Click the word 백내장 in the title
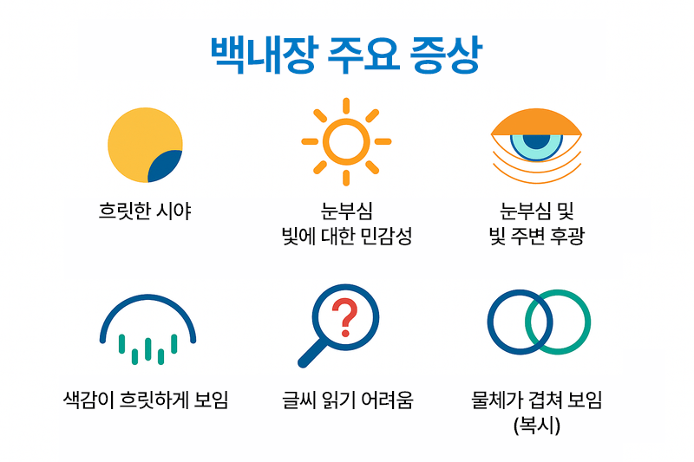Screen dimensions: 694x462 point(264,55)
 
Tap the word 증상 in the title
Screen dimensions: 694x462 point(446,55)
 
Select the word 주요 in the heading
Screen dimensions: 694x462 point(363,55)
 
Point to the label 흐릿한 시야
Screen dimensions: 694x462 point(145,211)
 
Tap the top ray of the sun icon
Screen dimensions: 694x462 point(346,106)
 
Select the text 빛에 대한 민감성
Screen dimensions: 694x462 point(347,236)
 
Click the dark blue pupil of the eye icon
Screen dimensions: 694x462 point(536,141)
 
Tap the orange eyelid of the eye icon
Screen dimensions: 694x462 point(536,122)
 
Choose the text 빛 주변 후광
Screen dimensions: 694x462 point(536,236)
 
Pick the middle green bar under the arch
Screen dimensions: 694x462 point(147,349)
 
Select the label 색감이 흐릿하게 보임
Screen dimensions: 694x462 point(146,400)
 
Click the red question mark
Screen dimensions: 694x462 point(344,317)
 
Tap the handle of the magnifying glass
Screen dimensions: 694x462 point(312,353)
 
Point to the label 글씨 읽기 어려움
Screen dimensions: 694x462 point(348,400)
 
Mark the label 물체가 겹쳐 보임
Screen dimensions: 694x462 point(536,400)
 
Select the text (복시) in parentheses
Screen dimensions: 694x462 point(537,426)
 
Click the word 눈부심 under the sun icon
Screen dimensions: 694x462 point(346,211)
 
